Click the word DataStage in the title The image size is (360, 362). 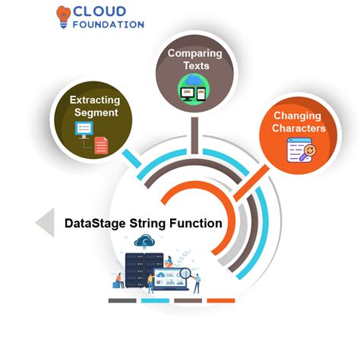(95, 224)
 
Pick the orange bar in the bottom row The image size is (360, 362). (221, 300)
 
